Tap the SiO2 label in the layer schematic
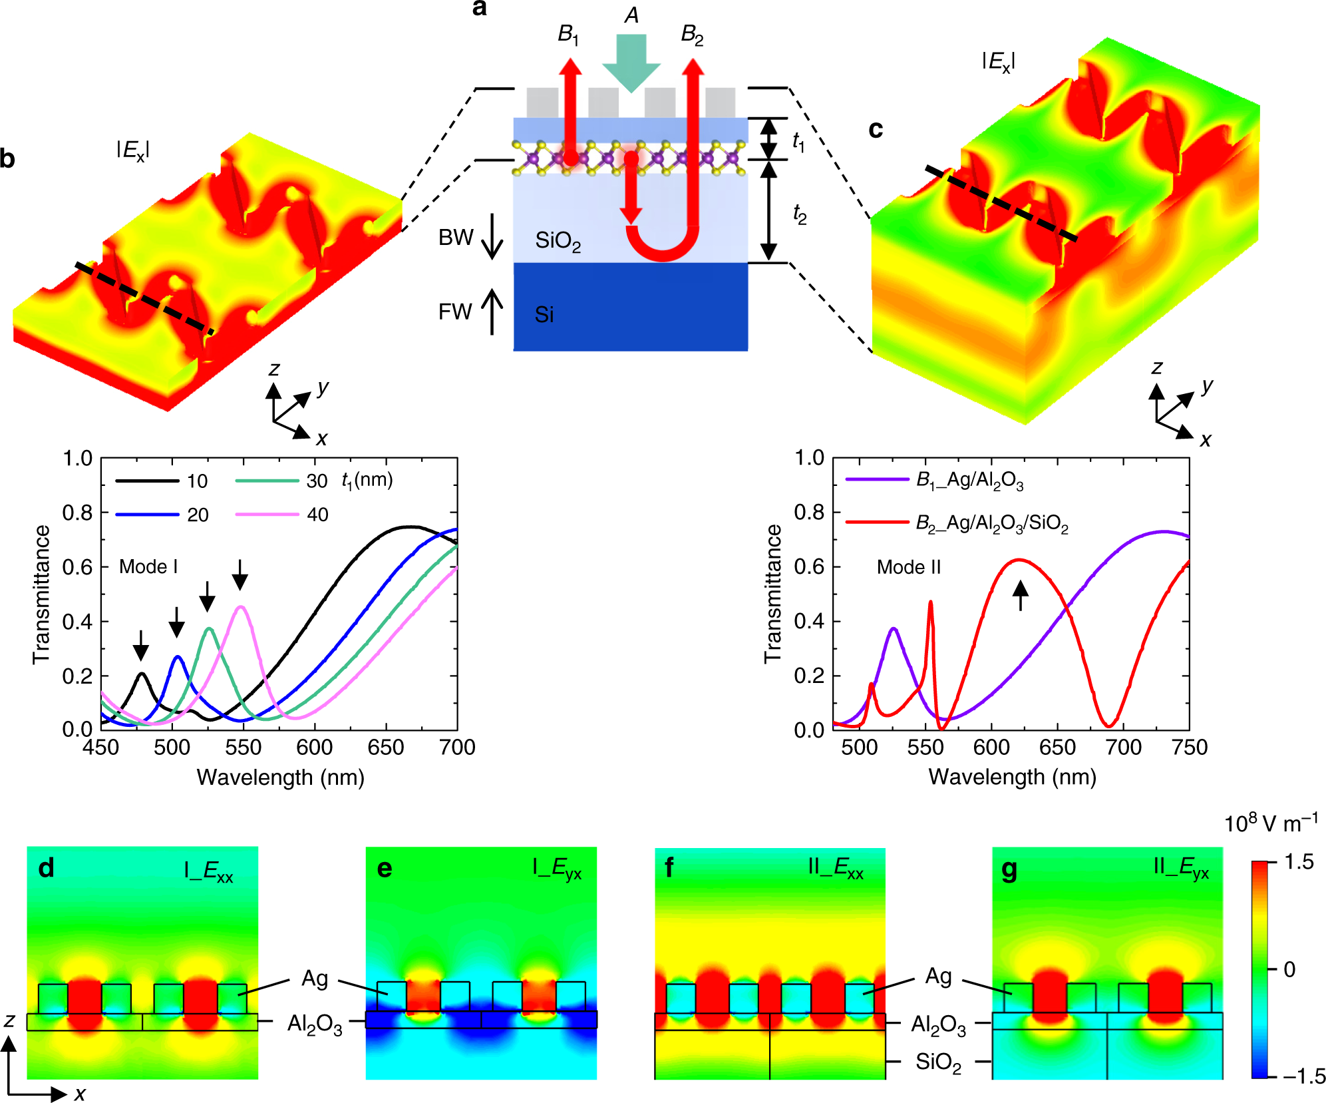click(558, 241)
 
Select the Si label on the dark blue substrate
click(544, 314)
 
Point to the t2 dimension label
click(799, 214)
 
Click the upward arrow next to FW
click(492, 312)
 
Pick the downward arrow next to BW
click(492, 237)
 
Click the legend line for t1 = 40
click(267, 515)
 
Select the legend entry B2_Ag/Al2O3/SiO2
click(991, 523)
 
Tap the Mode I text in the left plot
click(148, 566)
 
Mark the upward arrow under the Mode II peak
click(1020, 594)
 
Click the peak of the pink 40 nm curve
click(241, 606)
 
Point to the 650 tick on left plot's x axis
click(386, 748)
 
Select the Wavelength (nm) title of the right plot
click(1012, 777)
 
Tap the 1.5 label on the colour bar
click(1299, 862)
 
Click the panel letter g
click(1009, 869)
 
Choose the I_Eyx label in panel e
click(557, 868)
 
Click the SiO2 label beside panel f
click(937, 1062)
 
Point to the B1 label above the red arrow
click(568, 34)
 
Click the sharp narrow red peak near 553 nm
click(930, 602)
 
